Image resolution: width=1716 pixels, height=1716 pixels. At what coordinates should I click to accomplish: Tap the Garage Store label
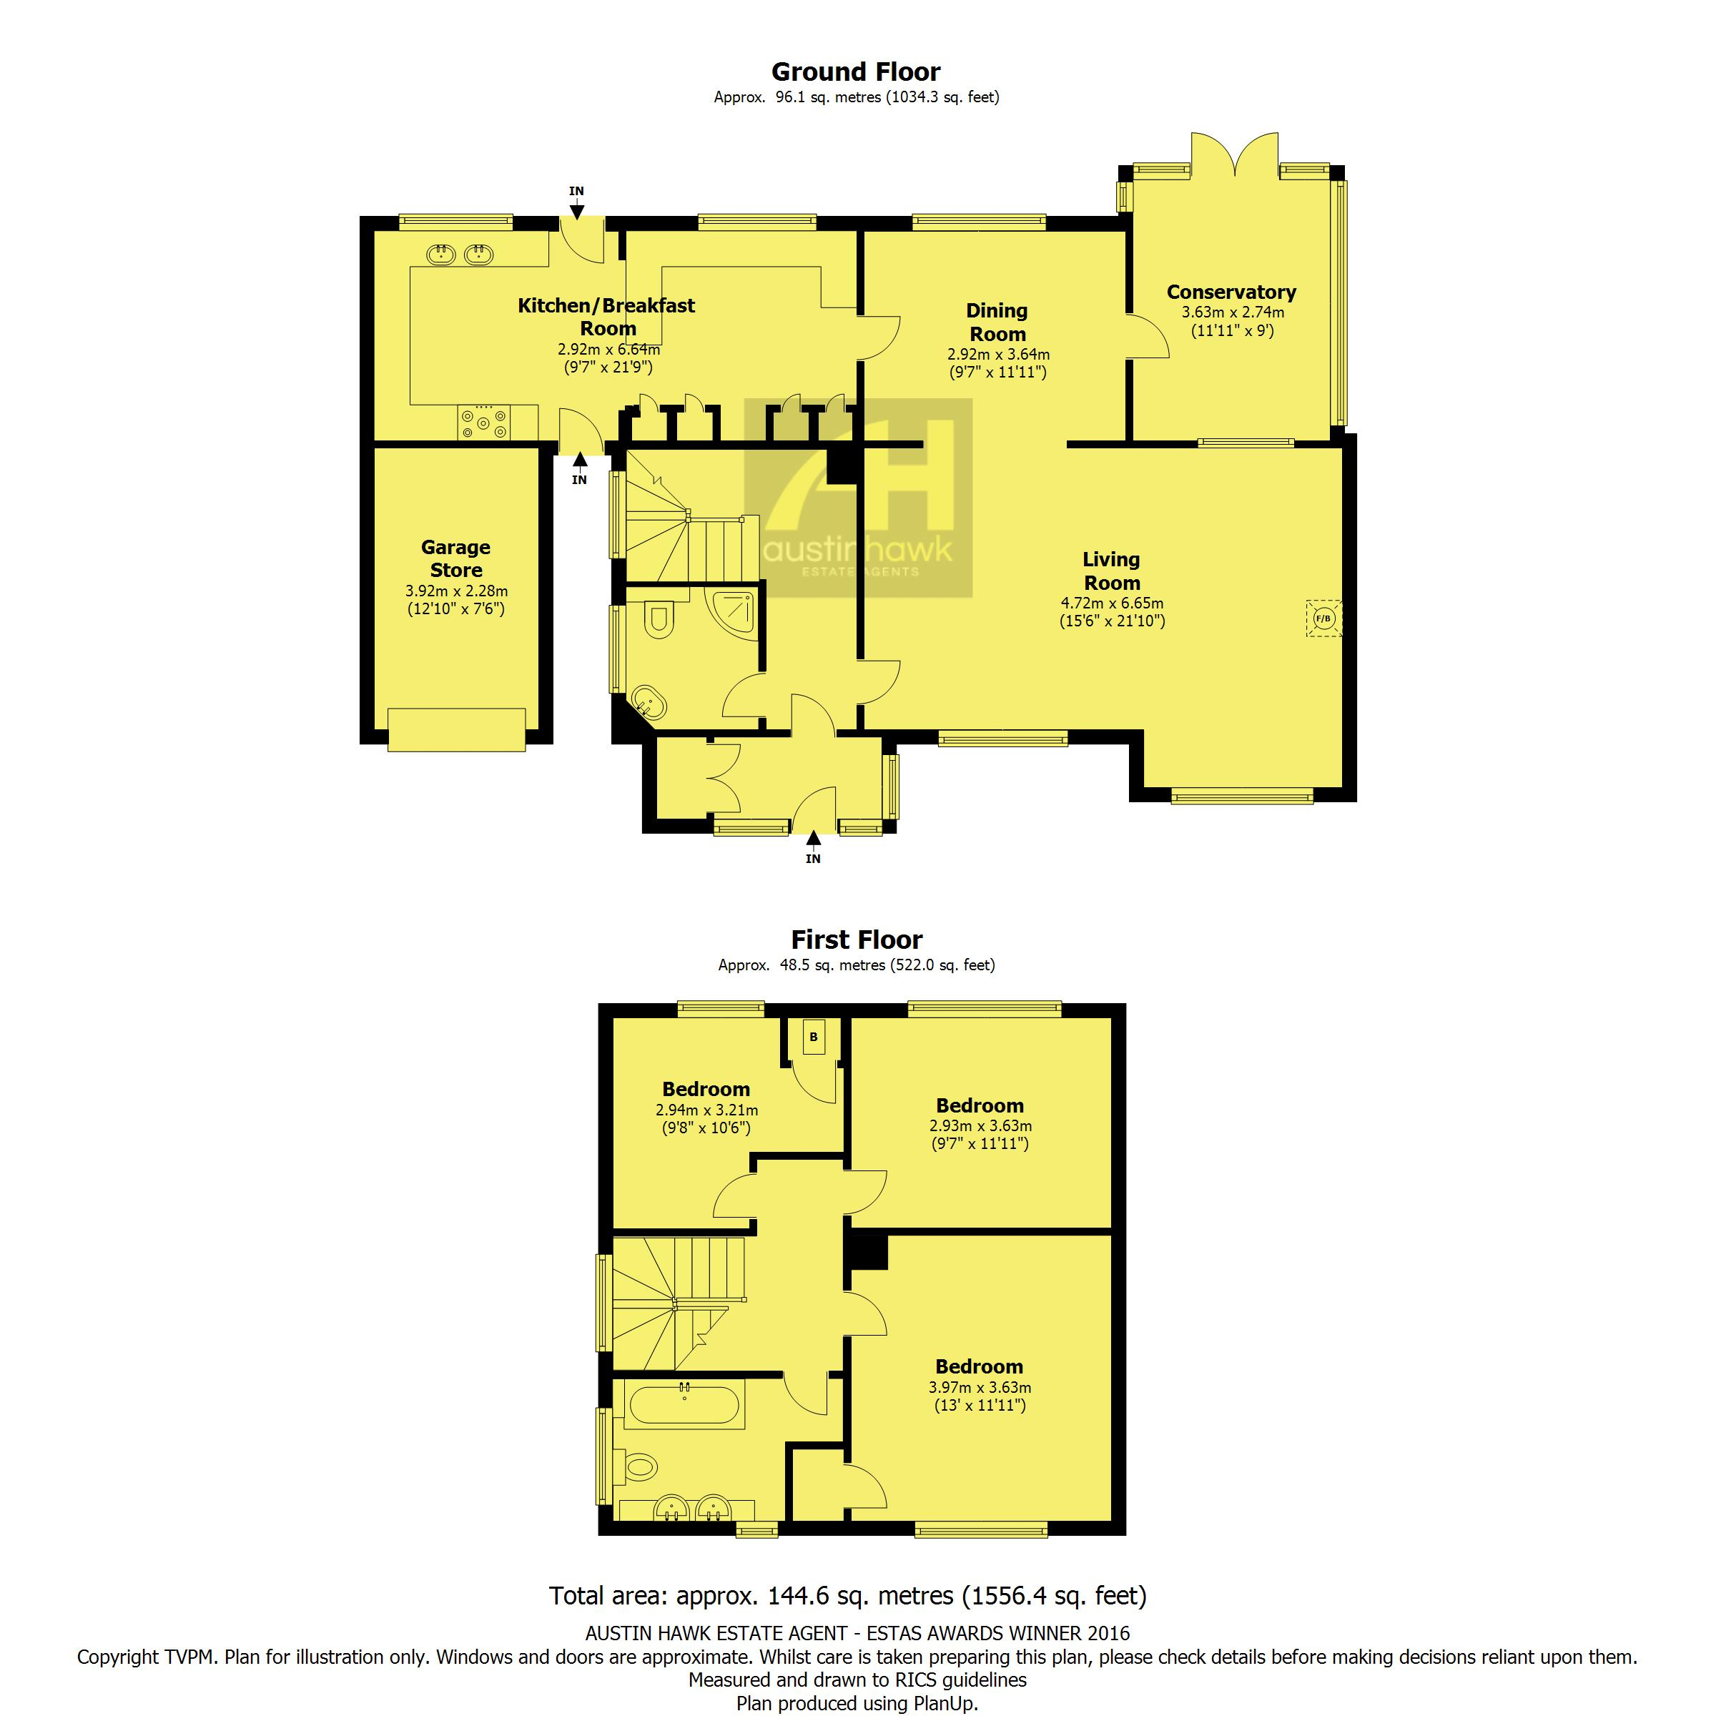point(455,558)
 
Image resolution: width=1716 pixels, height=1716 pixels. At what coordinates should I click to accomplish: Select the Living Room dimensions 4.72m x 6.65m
point(1112,603)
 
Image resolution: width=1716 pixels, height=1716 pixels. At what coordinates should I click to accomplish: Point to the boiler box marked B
point(814,1037)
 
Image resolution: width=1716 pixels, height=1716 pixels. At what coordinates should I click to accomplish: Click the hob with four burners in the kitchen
point(484,422)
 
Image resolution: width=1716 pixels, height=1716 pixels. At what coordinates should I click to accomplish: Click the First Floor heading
point(857,939)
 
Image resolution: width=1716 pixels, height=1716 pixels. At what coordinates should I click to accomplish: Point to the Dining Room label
point(997,322)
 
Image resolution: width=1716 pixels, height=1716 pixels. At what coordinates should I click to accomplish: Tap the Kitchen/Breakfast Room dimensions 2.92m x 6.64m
point(608,349)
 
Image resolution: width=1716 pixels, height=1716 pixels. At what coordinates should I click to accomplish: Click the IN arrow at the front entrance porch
point(813,839)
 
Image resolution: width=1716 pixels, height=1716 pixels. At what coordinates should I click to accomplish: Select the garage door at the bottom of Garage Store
point(457,730)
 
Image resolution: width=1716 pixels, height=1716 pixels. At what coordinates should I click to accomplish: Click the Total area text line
point(848,1596)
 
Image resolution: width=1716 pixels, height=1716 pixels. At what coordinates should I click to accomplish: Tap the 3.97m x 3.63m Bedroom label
point(979,1366)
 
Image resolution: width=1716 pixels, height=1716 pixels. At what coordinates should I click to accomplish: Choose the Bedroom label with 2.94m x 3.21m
point(706,1089)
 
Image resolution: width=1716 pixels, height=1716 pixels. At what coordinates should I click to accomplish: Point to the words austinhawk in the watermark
point(858,549)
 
